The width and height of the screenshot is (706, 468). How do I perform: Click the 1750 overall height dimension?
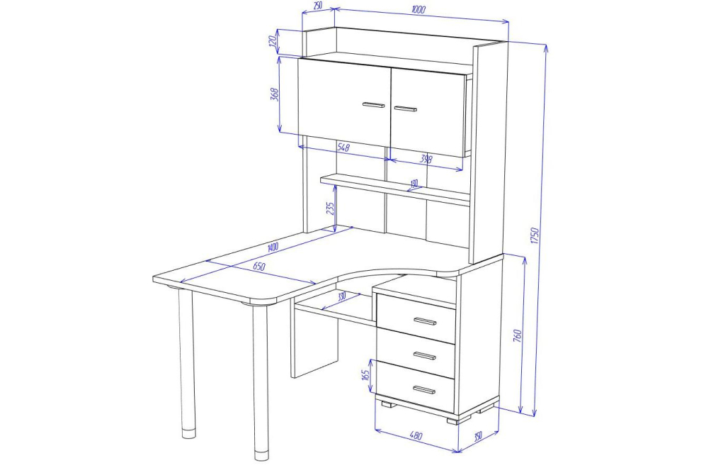[535, 236]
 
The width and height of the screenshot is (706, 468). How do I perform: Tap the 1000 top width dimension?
[419, 9]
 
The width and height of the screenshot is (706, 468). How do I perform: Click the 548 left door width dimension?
[343, 147]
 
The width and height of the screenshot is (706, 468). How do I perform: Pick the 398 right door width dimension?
[426, 159]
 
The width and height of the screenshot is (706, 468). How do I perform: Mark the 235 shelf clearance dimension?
[330, 208]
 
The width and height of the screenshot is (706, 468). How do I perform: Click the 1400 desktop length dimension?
[273, 247]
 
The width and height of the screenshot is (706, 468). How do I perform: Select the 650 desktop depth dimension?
[258, 267]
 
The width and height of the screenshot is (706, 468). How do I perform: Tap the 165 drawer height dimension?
[365, 374]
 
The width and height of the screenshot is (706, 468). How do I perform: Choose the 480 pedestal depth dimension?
[416, 436]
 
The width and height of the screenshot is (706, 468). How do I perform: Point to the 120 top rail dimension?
[271, 41]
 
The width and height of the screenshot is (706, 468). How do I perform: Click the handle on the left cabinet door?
[374, 105]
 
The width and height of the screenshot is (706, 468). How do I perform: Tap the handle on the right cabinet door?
[406, 108]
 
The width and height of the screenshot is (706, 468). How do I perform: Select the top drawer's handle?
[425, 321]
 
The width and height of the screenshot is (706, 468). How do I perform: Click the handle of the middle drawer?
[425, 356]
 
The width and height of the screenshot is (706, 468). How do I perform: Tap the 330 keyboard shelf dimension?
[341, 296]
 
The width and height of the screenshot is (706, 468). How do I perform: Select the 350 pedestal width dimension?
[478, 435]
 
